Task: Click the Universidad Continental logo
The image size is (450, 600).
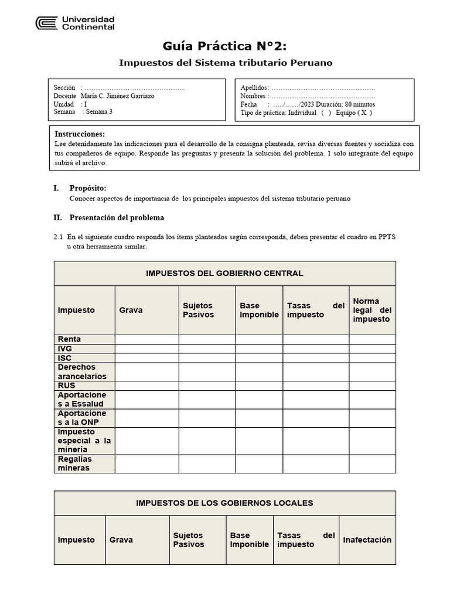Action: pyautogui.click(x=75, y=23)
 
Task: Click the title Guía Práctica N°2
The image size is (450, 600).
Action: pyautogui.click(x=225, y=46)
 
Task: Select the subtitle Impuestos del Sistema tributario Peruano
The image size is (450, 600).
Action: pyautogui.click(x=225, y=62)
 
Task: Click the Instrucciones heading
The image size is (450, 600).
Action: pyautogui.click(x=80, y=134)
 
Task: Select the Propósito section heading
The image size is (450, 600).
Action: pyautogui.click(x=88, y=188)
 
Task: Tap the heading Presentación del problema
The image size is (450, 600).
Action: pyautogui.click(x=117, y=217)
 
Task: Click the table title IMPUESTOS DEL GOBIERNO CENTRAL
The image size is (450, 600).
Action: pyautogui.click(x=224, y=274)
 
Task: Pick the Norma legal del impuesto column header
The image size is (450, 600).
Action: pyautogui.click(x=372, y=310)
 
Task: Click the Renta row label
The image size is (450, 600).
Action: pyautogui.click(x=70, y=339)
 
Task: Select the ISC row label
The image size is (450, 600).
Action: pyautogui.click(x=65, y=357)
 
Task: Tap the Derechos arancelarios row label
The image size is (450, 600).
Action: pyautogui.click(x=82, y=371)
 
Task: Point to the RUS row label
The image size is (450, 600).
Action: pyautogui.click(x=67, y=386)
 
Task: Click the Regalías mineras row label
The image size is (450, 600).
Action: pyautogui.click(x=75, y=463)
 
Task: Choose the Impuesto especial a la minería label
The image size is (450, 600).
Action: pyautogui.click(x=84, y=441)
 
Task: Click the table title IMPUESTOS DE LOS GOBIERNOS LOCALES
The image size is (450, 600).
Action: pyautogui.click(x=224, y=503)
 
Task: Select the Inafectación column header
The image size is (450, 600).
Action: pyautogui.click(x=367, y=540)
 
